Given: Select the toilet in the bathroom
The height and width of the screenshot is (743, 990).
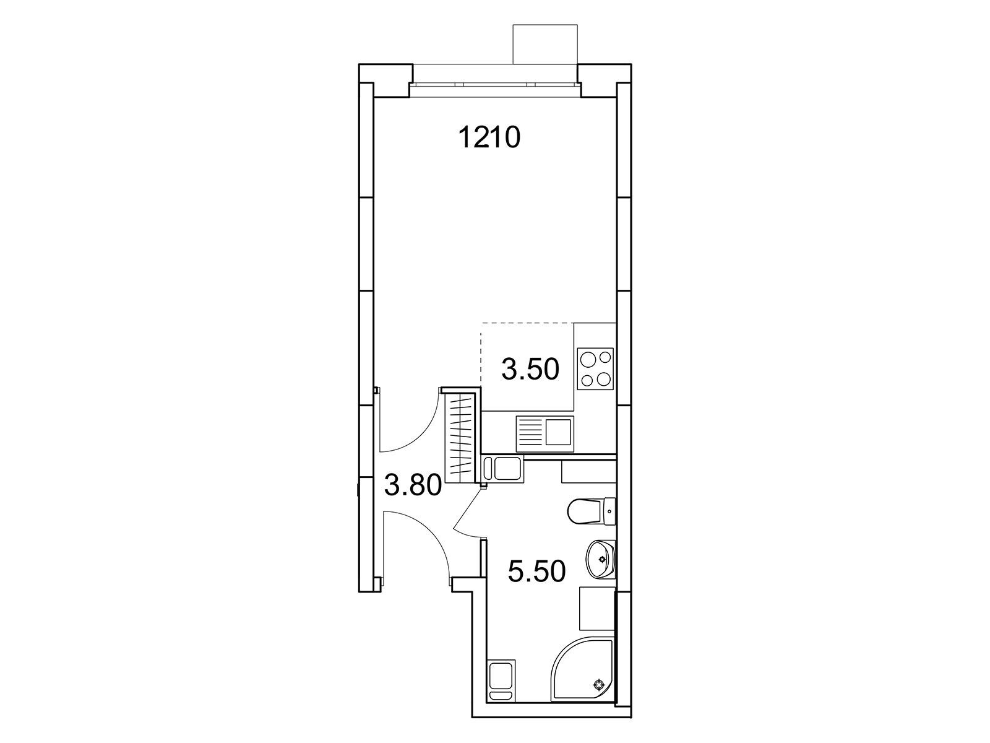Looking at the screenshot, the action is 592,511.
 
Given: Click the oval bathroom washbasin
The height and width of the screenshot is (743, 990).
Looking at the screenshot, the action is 601,559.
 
